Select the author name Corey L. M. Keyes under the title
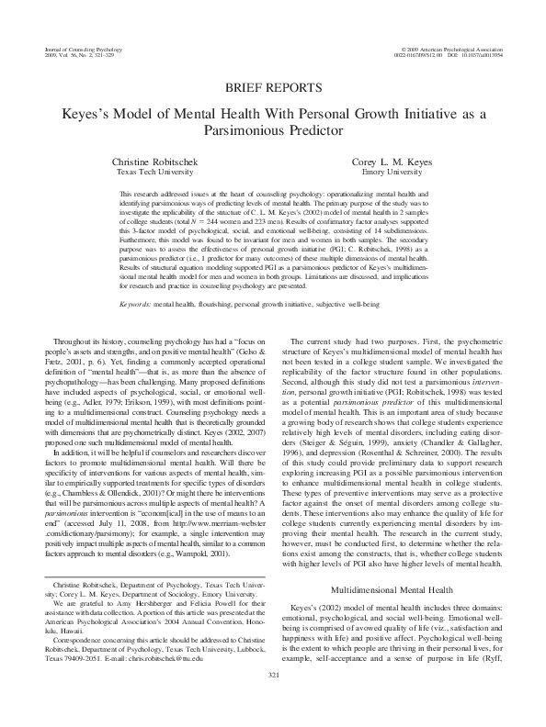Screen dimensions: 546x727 401,162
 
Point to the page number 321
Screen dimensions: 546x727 272,699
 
